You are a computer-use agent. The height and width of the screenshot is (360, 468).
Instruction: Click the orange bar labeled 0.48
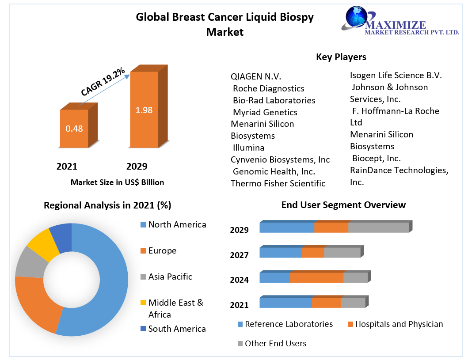click(x=74, y=129)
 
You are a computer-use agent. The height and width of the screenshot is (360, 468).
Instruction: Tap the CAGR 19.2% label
click(x=103, y=82)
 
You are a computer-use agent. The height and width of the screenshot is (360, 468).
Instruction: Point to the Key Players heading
click(x=341, y=57)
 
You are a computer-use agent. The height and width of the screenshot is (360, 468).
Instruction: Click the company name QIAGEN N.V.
click(x=256, y=76)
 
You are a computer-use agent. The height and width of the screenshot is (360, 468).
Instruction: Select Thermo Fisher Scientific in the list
click(x=278, y=183)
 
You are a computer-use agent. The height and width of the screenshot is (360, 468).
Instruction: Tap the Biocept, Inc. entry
click(x=376, y=158)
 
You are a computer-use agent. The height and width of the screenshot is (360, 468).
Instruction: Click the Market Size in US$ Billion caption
click(x=117, y=182)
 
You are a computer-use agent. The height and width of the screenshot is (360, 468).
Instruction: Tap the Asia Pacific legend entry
click(x=170, y=277)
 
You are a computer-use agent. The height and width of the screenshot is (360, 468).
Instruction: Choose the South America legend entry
click(x=177, y=329)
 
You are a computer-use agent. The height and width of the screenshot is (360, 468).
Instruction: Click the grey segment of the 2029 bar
click(x=378, y=227)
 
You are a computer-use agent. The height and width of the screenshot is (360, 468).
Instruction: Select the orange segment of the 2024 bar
click(x=316, y=278)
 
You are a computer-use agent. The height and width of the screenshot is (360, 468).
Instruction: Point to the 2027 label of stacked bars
click(x=239, y=255)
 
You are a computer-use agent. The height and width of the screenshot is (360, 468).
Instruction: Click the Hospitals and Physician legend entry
click(x=399, y=324)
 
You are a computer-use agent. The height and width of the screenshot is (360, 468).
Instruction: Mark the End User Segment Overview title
click(x=343, y=205)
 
